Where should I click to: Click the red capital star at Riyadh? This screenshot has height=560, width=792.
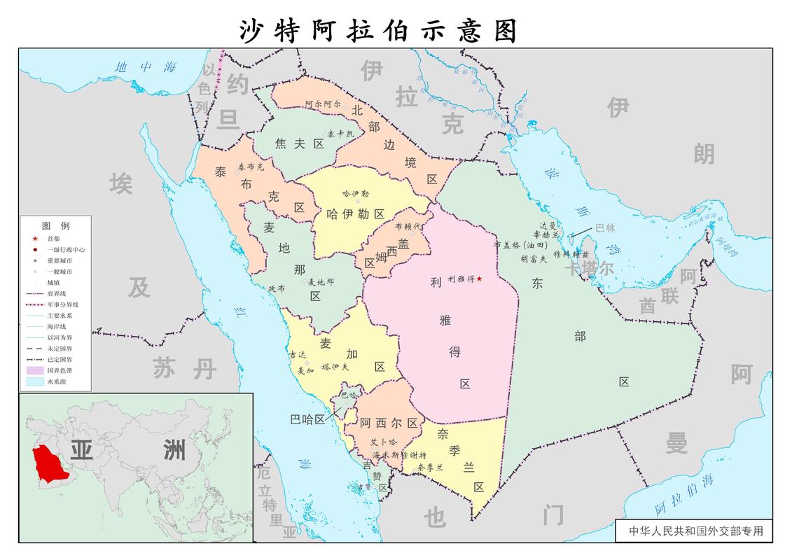[480, 279]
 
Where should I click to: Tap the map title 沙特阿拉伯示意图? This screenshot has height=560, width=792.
[379, 31]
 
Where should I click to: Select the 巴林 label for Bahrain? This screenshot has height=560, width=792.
[605, 228]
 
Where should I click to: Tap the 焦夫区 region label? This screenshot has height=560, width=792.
[299, 143]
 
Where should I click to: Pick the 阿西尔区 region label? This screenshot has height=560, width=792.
[389, 423]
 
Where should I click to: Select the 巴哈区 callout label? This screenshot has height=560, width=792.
[308, 419]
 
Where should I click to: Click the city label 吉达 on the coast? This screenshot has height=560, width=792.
[297, 356]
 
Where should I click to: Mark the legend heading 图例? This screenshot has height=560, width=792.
[55, 226]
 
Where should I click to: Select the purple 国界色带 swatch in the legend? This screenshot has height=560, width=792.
[34, 370]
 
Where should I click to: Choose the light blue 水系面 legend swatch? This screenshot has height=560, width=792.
[34, 381]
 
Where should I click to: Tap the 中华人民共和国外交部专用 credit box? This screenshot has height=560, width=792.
[695, 531]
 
